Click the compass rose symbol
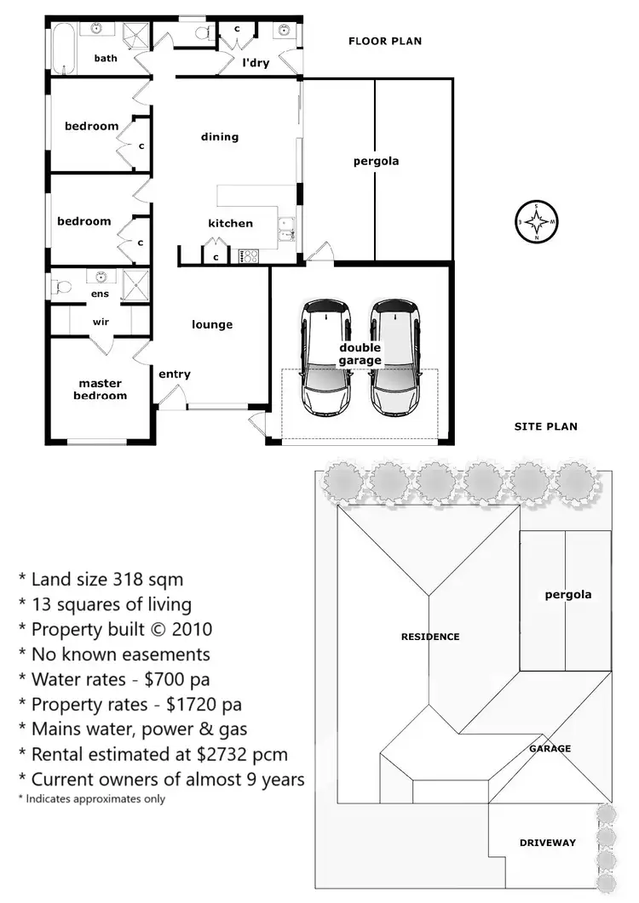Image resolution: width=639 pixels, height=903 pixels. pos(537,222)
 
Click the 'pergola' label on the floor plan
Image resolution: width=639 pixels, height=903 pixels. pos(376,161)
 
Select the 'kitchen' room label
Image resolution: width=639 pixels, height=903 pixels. pos(231,223)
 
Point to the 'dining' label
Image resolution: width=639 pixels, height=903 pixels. pos(220,137)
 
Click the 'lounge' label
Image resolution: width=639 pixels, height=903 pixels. pos(212,324)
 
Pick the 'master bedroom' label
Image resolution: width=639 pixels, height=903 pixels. pos(100,390)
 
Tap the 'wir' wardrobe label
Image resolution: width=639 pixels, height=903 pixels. pos(101,322)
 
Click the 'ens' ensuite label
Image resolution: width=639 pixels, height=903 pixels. pos(101,294)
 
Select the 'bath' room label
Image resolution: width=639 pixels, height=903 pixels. pos(106,59)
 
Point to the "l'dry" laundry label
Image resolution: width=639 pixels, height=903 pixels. pos(257,62)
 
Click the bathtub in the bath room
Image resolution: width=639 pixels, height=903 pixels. pos(60,48)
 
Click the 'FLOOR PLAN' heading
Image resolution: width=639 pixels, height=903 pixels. pos(385,41)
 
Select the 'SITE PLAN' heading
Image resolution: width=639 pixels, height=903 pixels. pos(546,426)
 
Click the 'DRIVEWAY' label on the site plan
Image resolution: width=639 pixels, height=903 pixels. pos(548,843)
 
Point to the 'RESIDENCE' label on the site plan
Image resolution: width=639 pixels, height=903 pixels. pos(430,637)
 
